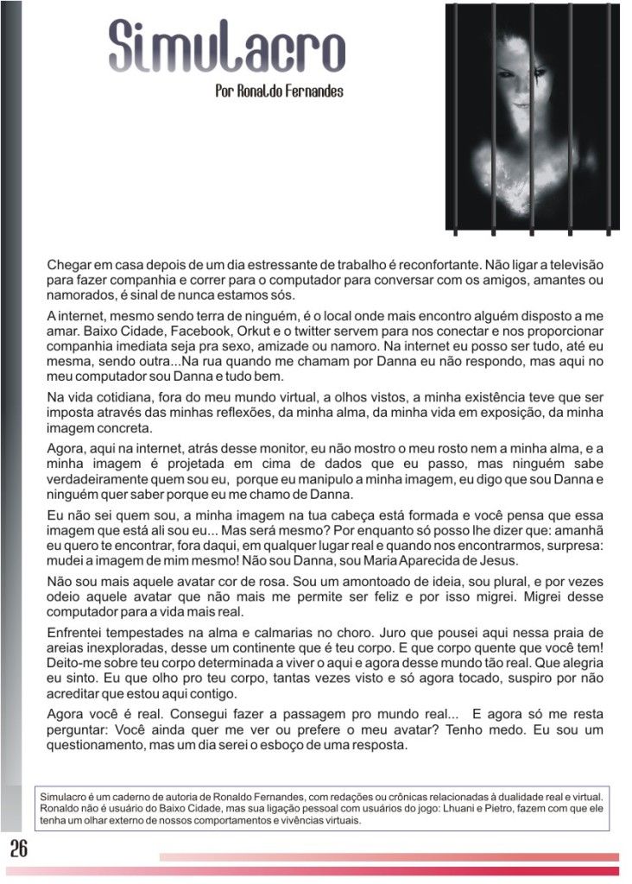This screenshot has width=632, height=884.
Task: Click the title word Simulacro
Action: pyautogui.click(x=227, y=47)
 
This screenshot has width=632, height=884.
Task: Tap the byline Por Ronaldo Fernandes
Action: pyautogui.click(x=279, y=90)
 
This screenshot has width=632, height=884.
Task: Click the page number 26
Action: pyautogui.click(x=19, y=848)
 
